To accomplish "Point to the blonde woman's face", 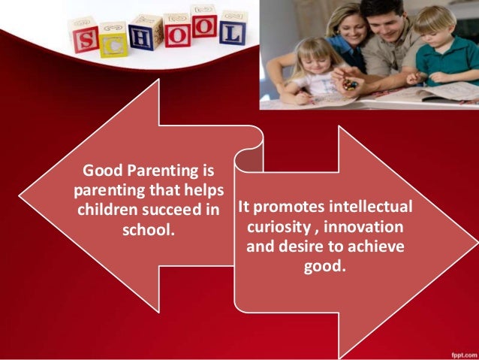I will point(345,26).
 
